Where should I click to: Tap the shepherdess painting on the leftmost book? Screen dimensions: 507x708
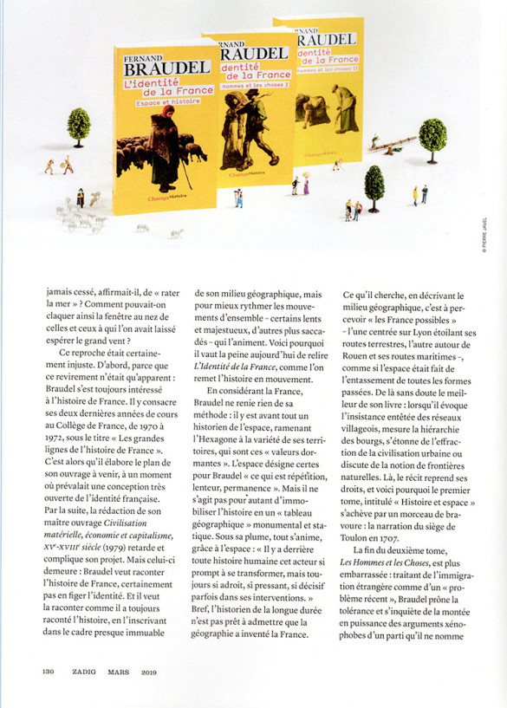click(x=160, y=143)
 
